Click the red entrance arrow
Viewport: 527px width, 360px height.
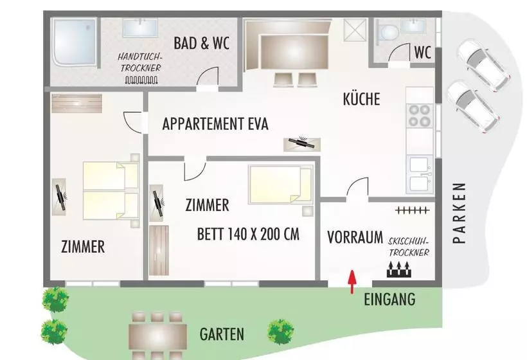click(351, 281)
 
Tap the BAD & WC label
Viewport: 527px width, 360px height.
click(202, 44)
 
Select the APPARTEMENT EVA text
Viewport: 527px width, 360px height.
click(215, 124)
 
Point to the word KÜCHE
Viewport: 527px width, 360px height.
click(361, 99)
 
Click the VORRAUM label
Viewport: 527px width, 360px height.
click(355, 235)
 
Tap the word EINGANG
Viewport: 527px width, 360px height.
click(389, 299)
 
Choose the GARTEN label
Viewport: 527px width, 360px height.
click(221, 334)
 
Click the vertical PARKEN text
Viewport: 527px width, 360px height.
click(458, 213)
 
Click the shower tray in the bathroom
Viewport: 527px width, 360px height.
click(75, 42)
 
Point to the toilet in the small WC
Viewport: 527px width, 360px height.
click(388, 33)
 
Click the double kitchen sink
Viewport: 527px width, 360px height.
click(420, 174)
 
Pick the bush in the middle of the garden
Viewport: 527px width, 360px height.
click(280, 330)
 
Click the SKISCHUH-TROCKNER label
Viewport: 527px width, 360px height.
click(409, 246)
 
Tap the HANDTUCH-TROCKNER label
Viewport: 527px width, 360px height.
click(140, 62)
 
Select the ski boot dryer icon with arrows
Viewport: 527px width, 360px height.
click(399, 269)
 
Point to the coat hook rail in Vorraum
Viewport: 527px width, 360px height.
click(411, 210)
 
